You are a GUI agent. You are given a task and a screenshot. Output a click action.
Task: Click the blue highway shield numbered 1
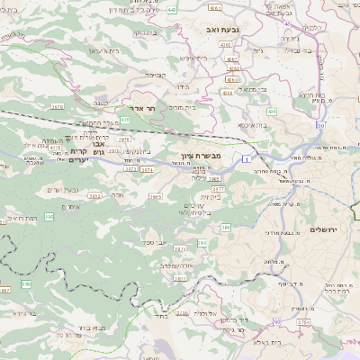click(245, 158)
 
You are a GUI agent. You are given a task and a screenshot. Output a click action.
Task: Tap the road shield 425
click(124, 119)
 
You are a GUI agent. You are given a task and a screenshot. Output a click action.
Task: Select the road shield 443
click(197, 9)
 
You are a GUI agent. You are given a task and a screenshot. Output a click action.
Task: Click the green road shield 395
click(49, 216)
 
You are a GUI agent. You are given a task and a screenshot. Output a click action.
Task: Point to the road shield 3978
click(58, 106)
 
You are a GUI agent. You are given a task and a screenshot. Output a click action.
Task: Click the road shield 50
click(320, 124)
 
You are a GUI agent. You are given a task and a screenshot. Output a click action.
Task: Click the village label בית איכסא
click(225, 125)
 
